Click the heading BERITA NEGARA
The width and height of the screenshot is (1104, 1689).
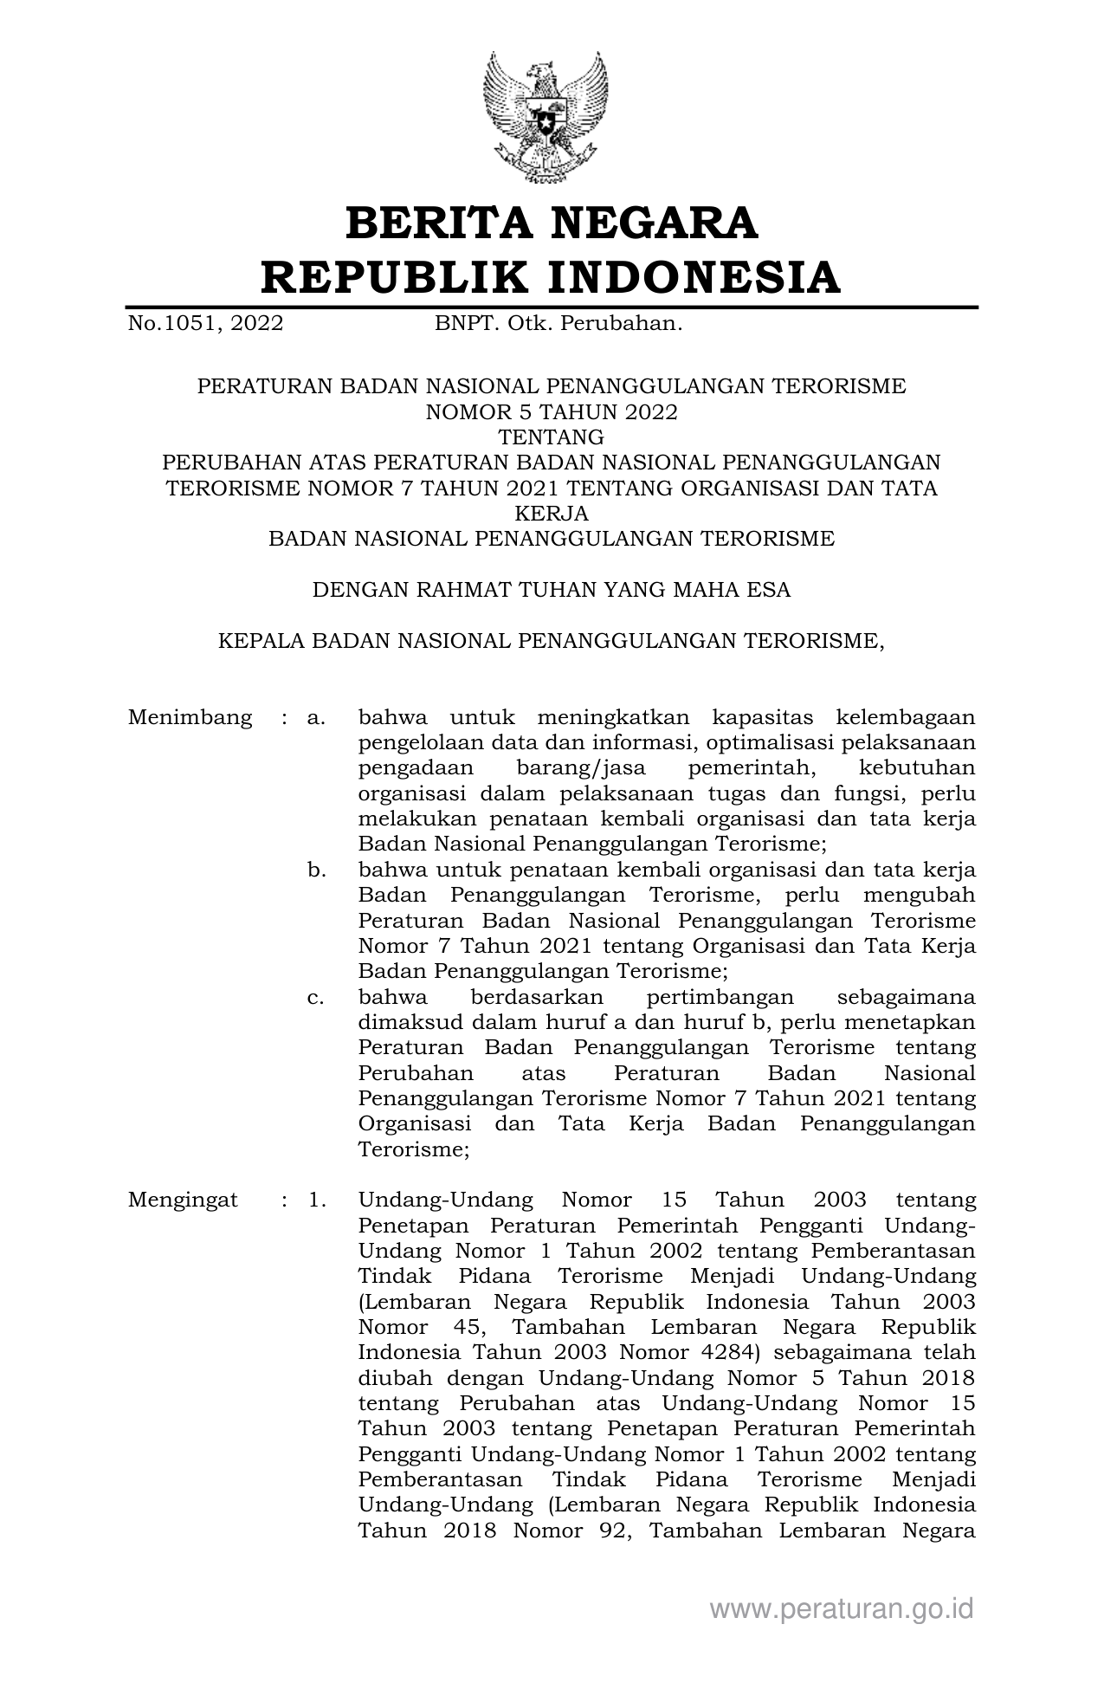point(552,223)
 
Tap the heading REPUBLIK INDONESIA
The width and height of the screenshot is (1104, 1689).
point(552,278)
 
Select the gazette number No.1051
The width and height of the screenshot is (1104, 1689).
point(205,324)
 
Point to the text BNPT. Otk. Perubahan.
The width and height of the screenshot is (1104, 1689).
point(558,324)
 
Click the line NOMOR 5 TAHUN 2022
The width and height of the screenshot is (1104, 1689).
point(552,411)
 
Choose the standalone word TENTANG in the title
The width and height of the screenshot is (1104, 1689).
point(552,437)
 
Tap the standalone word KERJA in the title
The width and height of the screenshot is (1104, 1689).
point(552,513)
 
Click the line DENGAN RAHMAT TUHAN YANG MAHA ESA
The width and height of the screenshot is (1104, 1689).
point(552,590)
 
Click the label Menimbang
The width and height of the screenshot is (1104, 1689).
point(190,717)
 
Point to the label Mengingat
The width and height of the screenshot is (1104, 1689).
point(183,1200)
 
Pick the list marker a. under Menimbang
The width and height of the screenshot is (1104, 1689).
point(316,717)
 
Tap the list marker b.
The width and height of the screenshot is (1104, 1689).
point(317,869)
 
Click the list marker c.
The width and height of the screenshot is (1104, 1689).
point(316,996)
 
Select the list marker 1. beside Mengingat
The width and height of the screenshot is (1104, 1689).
point(317,1200)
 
